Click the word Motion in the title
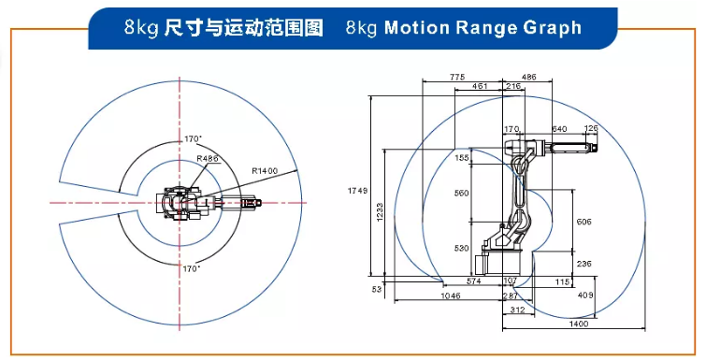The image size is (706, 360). point(416,28)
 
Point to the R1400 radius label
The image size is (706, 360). point(265,171)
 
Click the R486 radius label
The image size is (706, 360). point(207,158)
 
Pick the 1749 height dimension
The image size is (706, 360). point(357,191)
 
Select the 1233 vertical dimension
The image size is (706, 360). point(379,212)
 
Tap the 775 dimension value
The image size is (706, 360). point(457,78)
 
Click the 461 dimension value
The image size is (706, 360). point(480,86)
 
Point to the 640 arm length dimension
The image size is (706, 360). point(559,129)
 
